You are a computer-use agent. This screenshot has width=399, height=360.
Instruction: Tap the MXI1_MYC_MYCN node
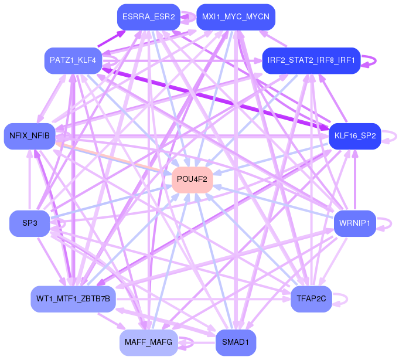tap(236, 17)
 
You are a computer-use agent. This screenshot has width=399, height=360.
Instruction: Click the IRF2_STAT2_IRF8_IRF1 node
tap(311, 60)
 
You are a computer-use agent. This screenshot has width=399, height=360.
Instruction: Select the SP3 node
tap(30, 223)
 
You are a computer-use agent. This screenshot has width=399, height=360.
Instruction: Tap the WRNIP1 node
tap(355, 223)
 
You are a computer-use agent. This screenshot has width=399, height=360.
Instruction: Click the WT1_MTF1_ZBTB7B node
tap(73, 299)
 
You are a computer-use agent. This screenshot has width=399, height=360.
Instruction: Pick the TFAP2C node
tap(311, 299)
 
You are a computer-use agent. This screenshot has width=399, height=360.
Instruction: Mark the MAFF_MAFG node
tap(148, 342)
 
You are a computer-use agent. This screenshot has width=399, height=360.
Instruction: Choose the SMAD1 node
tap(236, 342)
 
